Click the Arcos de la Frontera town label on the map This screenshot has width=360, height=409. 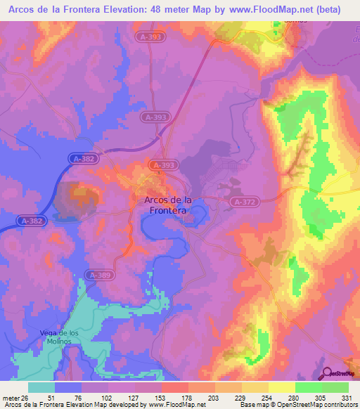point(165,204)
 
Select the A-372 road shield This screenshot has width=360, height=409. point(244,202)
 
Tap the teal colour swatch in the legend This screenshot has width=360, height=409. point(41,387)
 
